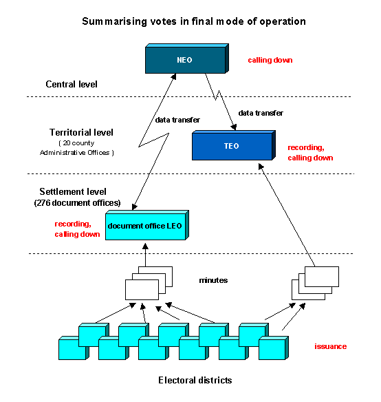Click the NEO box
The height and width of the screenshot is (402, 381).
click(x=187, y=59)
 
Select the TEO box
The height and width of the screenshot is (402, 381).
click(x=234, y=145)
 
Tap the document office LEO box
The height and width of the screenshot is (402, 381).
click(x=147, y=225)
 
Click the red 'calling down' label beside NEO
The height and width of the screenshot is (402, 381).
click(x=270, y=60)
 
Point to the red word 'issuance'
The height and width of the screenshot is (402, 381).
click(x=331, y=346)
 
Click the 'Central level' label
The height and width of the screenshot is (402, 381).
click(x=72, y=85)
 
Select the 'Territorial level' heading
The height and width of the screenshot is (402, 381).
click(x=81, y=132)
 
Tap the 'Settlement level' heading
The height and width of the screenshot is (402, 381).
click(x=73, y=191)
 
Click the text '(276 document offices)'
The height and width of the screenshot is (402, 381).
click(x=78, y=203)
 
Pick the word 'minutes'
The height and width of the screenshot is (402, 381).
click(x=213, y=280)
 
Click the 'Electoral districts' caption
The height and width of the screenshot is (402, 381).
click(x=195, y=380)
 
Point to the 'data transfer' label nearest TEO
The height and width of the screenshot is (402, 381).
click(x=261, y=113)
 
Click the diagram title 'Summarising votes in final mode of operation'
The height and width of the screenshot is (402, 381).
click(x=194, y=21)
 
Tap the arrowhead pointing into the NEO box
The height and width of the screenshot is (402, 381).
click(x=174, y=76)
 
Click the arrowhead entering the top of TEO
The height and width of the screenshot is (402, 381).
click(x=233, y=127)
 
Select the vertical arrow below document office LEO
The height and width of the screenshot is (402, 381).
click(x=145, y=255)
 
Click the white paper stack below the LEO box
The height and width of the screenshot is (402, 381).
click(x=149, y=283)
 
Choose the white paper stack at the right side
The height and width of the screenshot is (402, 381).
click(x=315, y=283)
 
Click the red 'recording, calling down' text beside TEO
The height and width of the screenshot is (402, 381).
click(x=310, y=153)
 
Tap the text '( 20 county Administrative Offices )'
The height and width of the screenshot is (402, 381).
click(x=77, y=148)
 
